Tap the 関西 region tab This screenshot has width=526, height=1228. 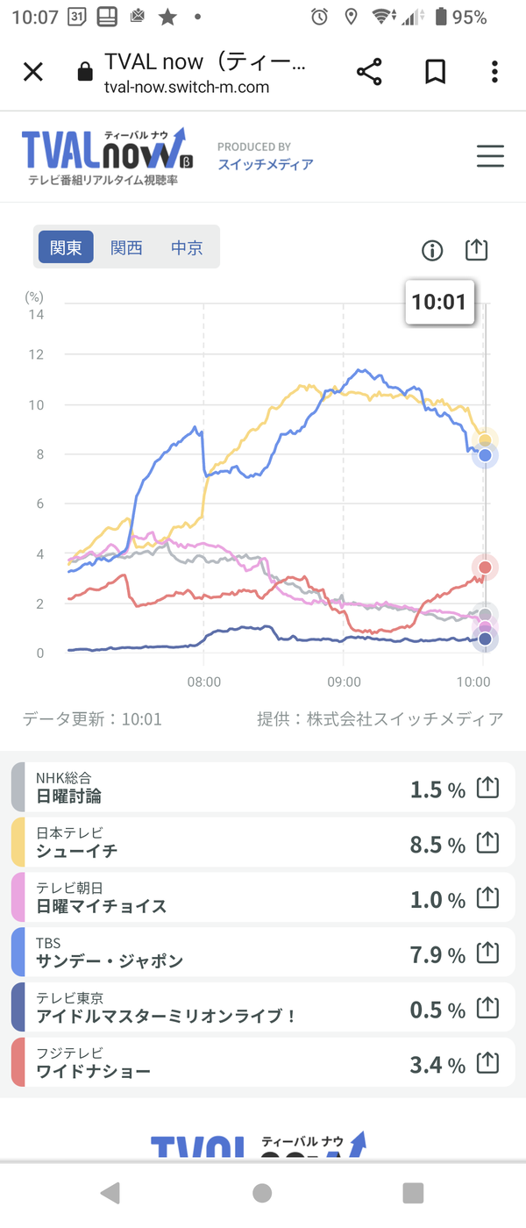126,247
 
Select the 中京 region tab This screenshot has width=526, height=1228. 187,247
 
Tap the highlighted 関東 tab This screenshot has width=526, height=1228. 66,247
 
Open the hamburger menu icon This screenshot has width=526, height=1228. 490,156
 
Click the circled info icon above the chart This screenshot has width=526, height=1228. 432,251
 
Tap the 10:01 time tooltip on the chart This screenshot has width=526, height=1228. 439,302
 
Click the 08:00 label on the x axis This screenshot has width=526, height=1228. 203,682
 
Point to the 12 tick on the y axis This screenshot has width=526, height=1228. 36,354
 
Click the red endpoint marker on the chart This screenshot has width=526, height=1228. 485,567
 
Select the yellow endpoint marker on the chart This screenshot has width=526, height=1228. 485,439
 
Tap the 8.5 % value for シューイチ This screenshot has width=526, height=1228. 437,845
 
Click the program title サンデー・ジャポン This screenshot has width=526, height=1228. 110,961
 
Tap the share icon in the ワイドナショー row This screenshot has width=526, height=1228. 487,1063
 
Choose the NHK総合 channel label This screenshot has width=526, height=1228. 63,777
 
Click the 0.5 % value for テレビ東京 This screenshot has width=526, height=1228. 437,1010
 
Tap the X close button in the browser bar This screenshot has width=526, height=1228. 33,72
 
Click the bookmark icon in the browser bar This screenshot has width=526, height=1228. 436,72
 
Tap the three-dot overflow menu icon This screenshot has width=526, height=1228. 494,72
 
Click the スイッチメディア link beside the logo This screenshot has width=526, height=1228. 266,165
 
